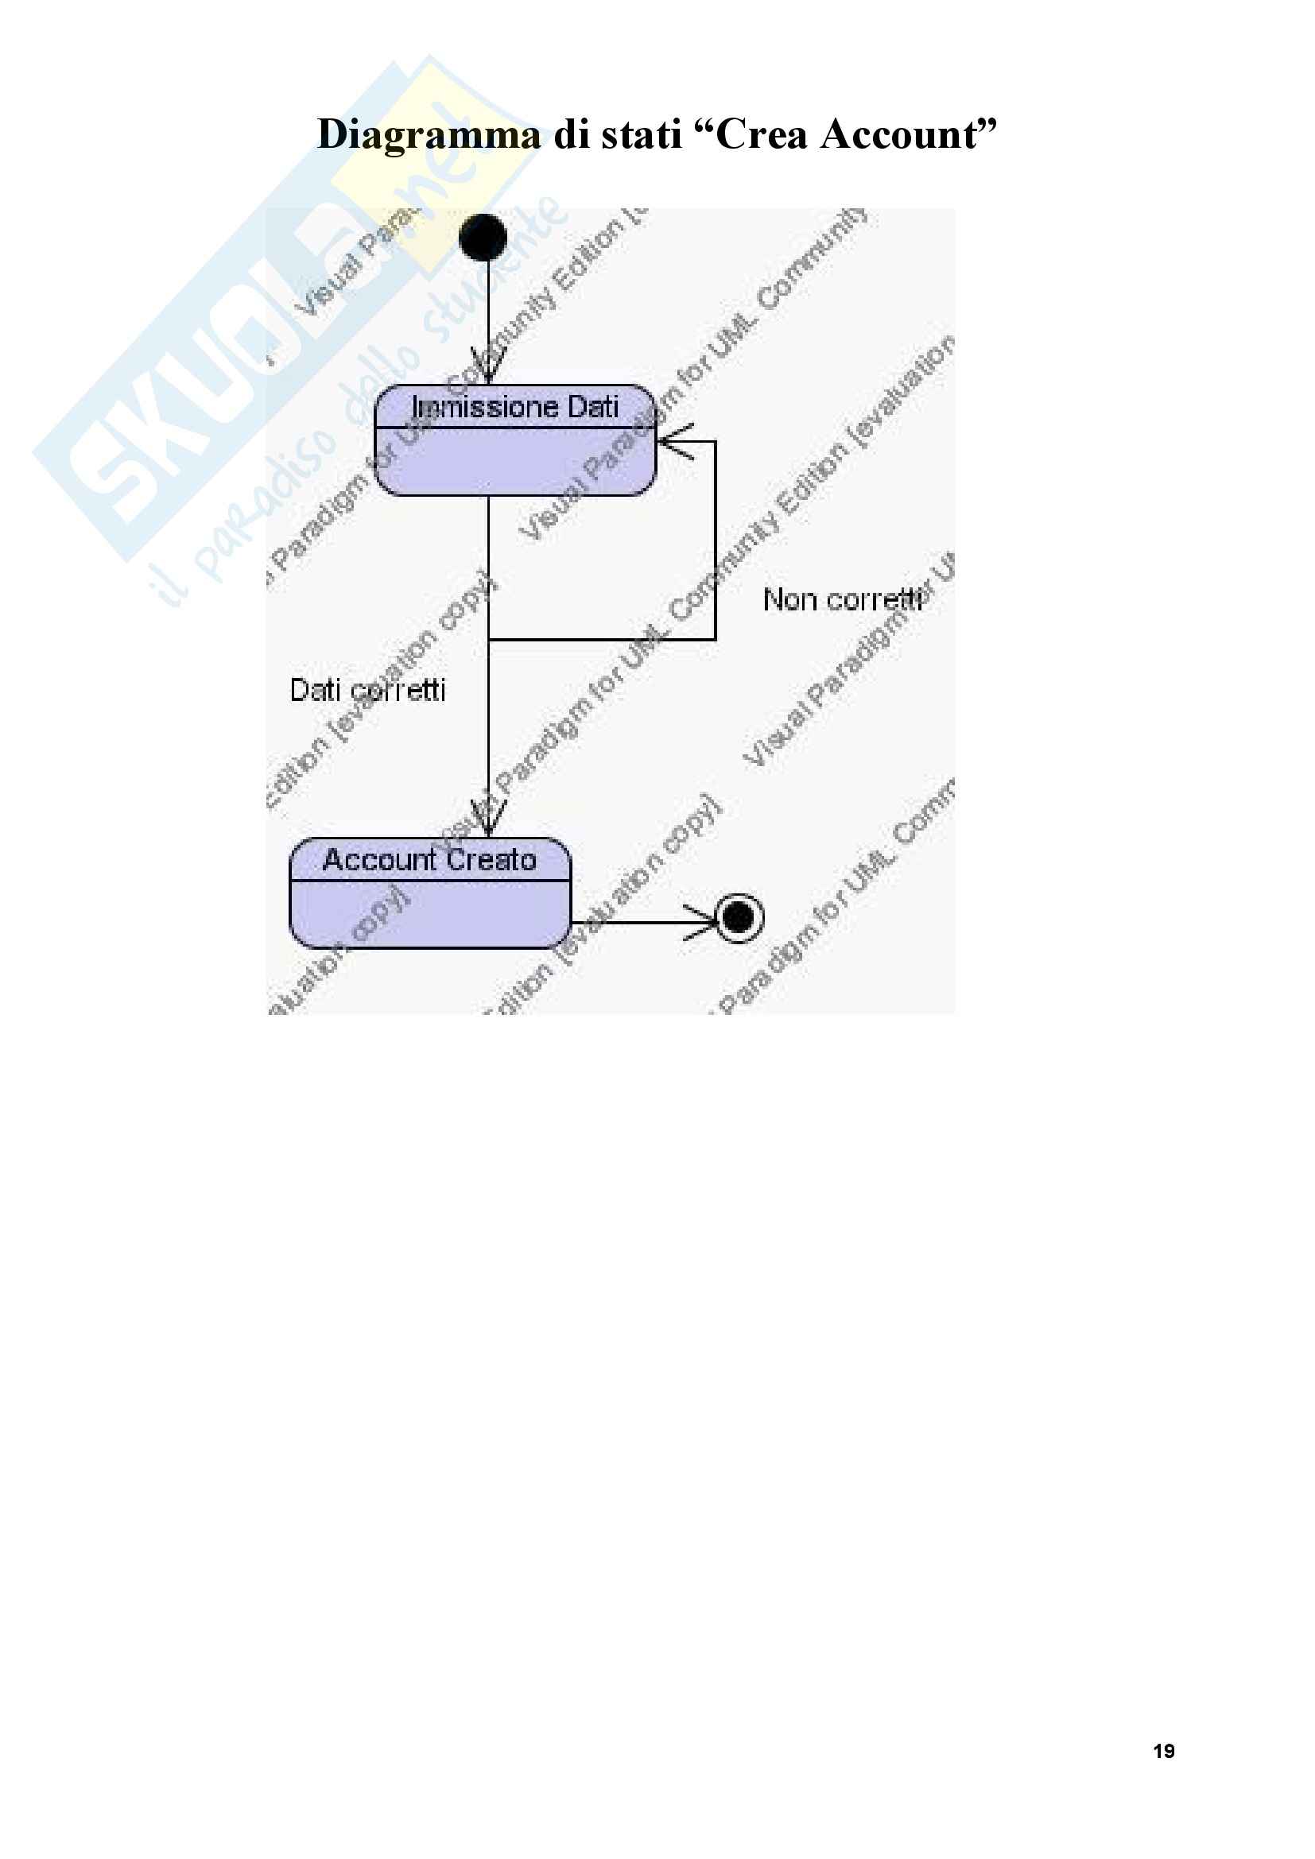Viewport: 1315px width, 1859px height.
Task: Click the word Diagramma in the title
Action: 429,135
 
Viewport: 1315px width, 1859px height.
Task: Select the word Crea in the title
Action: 762,135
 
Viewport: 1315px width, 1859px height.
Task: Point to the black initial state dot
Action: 483,237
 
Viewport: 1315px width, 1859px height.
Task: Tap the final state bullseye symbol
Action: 739,917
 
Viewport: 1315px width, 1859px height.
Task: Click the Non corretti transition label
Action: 843,600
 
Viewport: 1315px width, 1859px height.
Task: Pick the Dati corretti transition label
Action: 367,690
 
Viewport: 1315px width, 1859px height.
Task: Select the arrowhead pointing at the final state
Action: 703,921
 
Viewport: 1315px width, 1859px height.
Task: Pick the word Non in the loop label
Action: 789,600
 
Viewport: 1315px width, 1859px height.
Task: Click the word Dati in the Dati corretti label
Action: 315,690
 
